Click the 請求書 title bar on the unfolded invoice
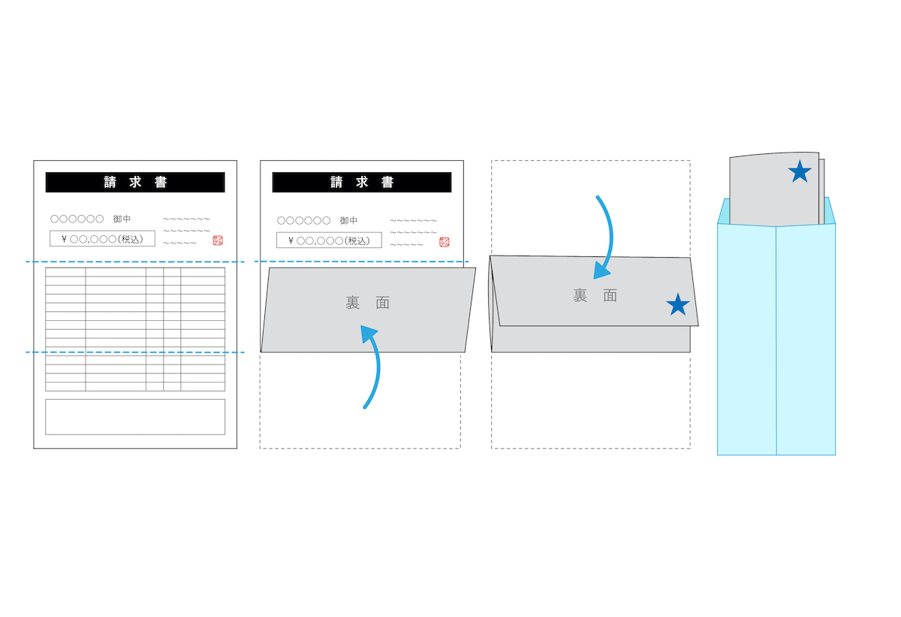[x=135, y=183]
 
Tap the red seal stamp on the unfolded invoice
[x=218, y=240]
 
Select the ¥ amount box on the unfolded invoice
[x=102, y=239]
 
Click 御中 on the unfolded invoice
[x=122, y=219]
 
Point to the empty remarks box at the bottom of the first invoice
[x=135, y=417]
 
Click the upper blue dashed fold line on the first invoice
[x=135, y=262]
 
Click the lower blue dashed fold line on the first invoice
[x=135, y=352]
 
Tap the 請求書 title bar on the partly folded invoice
[x=362, y=183]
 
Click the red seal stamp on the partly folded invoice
[x=444, y=242]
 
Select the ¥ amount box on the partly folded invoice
[x=329, y=240]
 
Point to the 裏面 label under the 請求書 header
[x=367, y=303]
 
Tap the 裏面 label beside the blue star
[x=595, y=296]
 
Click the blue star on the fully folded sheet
[x=678, y=304]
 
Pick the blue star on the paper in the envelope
[x=800, y=172]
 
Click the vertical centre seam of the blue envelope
[x=776, y=340]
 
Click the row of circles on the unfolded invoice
[x=77, y=219]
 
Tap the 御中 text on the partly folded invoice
[x=348, y=220]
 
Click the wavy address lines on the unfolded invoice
[x=187, y=231]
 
